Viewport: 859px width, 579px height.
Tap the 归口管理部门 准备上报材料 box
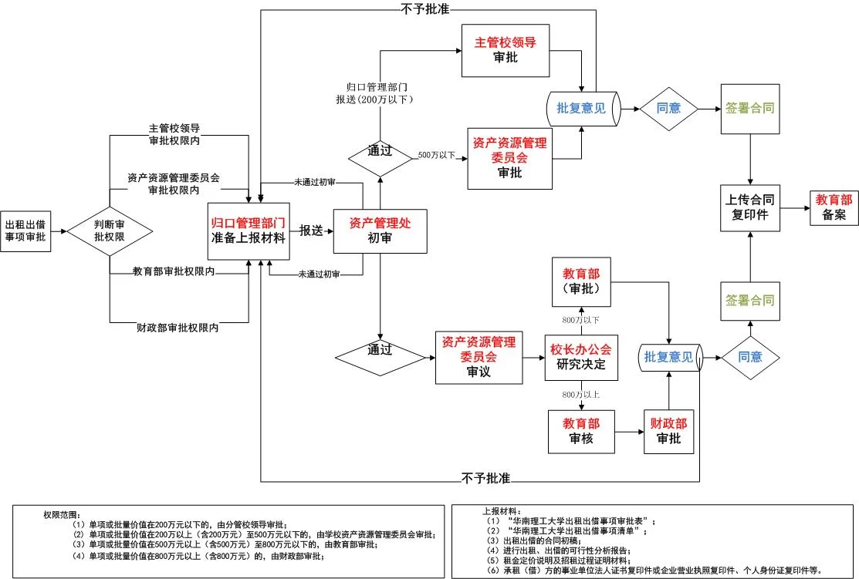[x=249, y=231]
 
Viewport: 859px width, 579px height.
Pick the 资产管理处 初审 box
[x=380, y=231]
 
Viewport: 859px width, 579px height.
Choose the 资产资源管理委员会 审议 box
[x=478, y=357]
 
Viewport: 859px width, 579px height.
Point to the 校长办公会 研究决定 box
[x=581, y=357]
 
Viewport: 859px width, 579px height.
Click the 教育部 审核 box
[x=581, y=431]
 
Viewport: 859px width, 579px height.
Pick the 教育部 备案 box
[x=834, y=207]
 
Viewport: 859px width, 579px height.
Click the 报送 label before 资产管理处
[x=311, y=231]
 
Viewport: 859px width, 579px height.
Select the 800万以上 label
[x=581, y=394]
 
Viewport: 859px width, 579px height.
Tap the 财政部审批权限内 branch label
[x=178, y=328]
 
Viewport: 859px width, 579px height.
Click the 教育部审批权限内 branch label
[x=174, y=271]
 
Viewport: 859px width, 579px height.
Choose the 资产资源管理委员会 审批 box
[x=511, y=158]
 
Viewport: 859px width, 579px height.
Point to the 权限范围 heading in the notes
[x=61, y=514]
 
